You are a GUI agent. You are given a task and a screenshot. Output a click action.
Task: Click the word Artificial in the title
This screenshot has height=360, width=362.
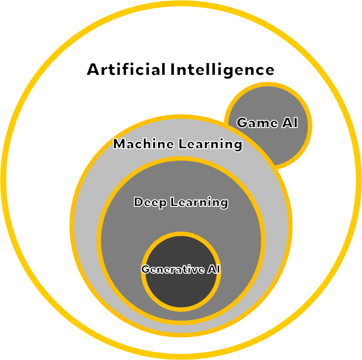[126, 69]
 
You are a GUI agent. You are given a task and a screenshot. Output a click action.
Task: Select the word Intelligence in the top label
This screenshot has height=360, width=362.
[222, 69]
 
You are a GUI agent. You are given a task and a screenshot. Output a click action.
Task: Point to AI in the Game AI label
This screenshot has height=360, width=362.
[290, 123]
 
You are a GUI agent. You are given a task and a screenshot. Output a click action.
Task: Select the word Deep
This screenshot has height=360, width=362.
[150, 202]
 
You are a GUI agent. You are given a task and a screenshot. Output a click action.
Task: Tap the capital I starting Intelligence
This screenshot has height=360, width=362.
[173, 69]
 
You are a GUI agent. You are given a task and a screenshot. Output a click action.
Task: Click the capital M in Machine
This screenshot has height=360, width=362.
[119, 144]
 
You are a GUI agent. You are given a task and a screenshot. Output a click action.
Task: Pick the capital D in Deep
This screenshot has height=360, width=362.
[138, 202]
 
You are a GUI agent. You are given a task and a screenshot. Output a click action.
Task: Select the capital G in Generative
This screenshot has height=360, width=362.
[145, 270]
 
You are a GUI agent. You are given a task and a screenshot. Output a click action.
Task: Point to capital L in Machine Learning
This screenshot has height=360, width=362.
[182, 144]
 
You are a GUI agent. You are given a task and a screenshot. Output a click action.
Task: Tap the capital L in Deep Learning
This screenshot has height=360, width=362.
[173, 202]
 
